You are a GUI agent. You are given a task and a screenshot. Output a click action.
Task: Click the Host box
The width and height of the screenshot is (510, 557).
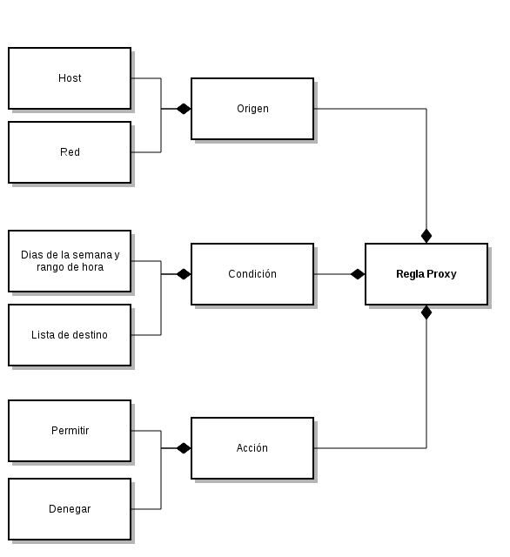tap(70, 78)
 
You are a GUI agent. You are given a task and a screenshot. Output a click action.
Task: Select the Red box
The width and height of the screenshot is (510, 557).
tap(70, 152)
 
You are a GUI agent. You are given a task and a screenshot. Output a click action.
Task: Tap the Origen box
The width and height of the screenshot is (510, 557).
tap(252, 109)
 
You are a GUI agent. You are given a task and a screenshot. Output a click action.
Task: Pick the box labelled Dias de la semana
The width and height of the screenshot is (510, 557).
tap(70, 261)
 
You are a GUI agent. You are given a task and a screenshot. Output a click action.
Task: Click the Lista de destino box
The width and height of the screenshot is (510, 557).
tap(70, 335)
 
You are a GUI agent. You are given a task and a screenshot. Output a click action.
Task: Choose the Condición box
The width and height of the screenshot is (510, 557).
tap(252, 274)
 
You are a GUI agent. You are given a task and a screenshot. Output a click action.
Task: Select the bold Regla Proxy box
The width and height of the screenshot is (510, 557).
tap(426, 274)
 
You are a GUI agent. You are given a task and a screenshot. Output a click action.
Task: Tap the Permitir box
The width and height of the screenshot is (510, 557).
tap(70, 431)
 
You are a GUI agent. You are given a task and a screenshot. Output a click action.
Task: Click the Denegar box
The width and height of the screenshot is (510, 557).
tap(70, 509)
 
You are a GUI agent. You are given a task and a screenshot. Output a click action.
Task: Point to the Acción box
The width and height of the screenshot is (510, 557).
tap(252, 448)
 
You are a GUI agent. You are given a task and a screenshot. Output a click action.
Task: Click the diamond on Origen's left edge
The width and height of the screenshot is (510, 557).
tap(184, 109)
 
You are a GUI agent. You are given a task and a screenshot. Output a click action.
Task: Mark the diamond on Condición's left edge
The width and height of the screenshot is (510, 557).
tap(184, 274)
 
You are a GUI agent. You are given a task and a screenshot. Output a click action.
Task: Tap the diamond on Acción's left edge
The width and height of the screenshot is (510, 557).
tap(184, 448)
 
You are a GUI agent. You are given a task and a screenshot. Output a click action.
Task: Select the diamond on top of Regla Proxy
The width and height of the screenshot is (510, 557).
tap(426, 236)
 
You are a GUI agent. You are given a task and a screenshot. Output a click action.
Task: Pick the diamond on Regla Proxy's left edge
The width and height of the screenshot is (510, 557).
tap(358, 274)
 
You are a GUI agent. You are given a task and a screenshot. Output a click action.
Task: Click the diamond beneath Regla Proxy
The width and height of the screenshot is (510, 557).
tap(426, 312)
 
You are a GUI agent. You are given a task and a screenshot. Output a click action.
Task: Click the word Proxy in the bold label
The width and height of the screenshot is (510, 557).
tap(441, 274)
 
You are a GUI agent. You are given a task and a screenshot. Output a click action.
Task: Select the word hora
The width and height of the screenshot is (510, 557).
tap(93, 267)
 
